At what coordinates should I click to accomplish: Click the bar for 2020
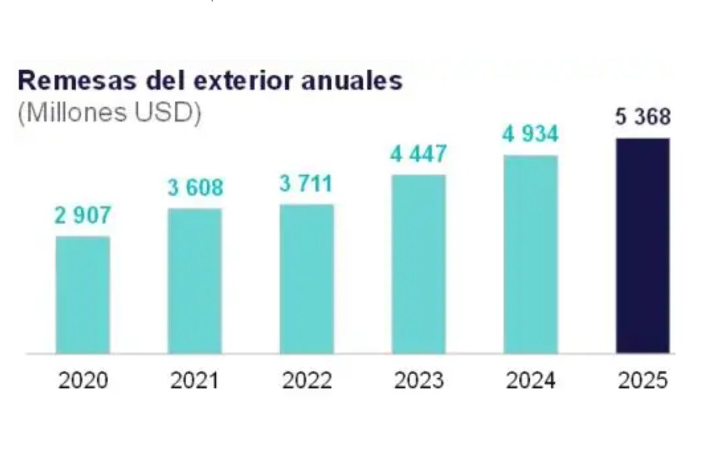tap(82, 295)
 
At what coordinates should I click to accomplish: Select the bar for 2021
tap(195, 281)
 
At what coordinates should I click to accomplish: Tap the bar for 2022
tap(307, 279)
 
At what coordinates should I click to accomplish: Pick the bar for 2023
tap(418, 264)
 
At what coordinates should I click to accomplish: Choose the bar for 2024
tap(531, 255)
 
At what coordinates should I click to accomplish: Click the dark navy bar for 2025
tap(642, 246)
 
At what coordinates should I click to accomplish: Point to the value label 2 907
tap(82, 216)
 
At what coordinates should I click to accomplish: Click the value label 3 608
tap(195, 188)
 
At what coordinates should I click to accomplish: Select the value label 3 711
tap(306, 184)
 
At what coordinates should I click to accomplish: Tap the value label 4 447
tap(418, 155)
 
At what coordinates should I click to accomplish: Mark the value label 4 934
tap(531, 134)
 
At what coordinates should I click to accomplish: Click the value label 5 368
tap(642, 117)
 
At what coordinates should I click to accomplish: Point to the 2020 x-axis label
tap(83, 381)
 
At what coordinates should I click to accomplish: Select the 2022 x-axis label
tap(307, 381)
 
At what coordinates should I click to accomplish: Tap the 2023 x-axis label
tap(418, 381)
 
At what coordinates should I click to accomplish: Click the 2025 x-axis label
tap(642, 381)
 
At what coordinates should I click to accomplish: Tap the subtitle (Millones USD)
tap(109, 113)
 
